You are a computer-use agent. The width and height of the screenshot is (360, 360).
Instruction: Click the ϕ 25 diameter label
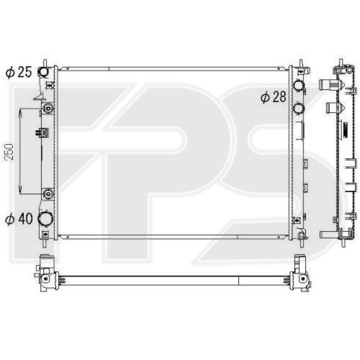pyautogui.click(x=18, y=72)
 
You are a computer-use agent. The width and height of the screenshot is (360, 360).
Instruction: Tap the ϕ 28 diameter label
pyautogui.click(x=273, y=97)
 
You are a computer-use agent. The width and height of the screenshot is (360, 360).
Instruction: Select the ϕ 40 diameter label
pyautogui.click(x=19, y=219)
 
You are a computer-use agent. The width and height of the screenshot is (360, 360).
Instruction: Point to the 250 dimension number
pyautogui.click(x=9, y=152)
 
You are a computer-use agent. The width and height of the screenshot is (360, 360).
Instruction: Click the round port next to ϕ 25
pyautogui.click(x=43, y=72)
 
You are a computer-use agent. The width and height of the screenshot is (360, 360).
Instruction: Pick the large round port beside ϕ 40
pyautogui.click(x=45, y=218)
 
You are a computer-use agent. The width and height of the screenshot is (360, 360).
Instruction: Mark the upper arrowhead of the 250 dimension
pyautogui.click(x=20, y=111)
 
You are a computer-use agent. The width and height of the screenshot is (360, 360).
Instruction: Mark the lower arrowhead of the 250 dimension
pyautogui.click(x=20, y=191)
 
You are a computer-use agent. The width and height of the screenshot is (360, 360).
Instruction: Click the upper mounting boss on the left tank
pyautogui.click(x=48, y=108)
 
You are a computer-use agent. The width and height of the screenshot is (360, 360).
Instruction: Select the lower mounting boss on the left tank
pyautogui.click(x=48, y=194)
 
